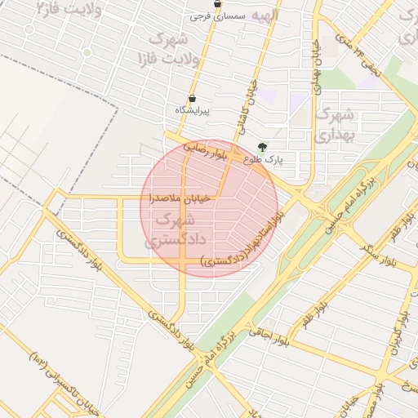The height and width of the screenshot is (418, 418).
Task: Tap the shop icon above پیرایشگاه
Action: [x=180, y=97]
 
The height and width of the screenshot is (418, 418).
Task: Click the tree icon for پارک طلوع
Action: [x=261, y=147]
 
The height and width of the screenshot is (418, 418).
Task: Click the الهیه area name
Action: [x=265, y=16]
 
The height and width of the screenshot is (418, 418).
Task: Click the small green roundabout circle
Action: [x=87, y=51]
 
